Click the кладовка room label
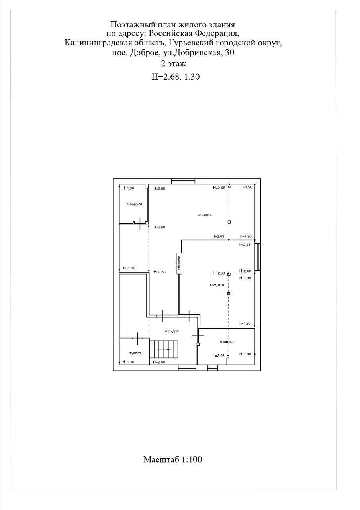coord(134,204)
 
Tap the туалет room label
coord(135,353)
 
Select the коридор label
coord(172,331)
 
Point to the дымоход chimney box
coord(179,263)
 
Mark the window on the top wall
coord(183,181)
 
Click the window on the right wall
coord(258,257)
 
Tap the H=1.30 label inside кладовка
coord(128,188)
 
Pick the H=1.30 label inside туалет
coord(128,362)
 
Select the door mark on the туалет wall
coord(138,339)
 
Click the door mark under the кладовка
coord(140,224)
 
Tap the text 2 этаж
coord(173,63)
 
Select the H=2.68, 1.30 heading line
coord(176,77)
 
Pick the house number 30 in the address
coord(229,53)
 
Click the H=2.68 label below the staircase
coord(159,362)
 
